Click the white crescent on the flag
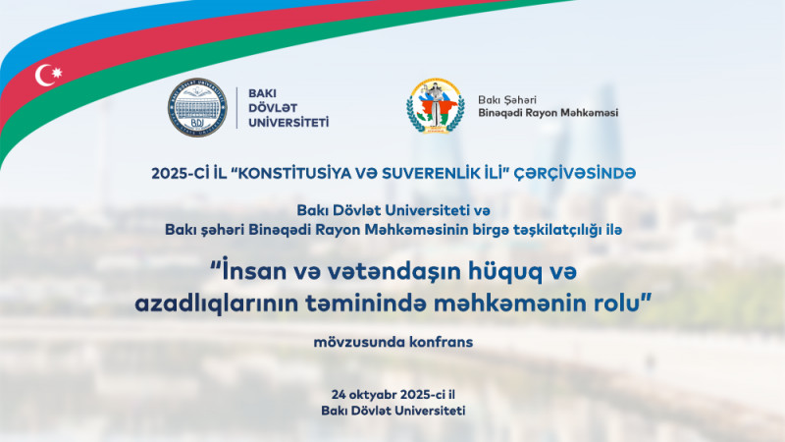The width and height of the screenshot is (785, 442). point(45,75)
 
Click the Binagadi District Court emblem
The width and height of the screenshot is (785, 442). point(436,107)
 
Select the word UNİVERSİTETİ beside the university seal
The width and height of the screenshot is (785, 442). point(287,123)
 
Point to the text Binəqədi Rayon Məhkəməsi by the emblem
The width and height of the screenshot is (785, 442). point(548,112)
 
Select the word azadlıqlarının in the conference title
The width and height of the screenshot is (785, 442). point(211,304)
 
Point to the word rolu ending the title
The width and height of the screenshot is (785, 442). point(616,304)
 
